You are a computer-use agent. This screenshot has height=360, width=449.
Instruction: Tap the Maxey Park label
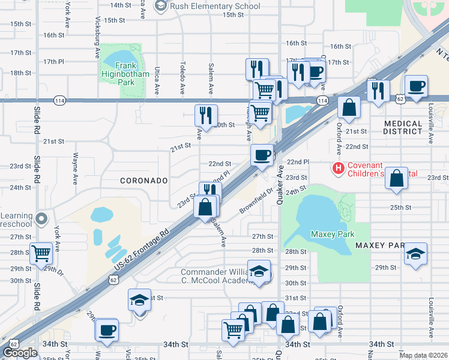(332, 234)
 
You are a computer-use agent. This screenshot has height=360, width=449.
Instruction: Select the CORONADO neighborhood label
(143, 180)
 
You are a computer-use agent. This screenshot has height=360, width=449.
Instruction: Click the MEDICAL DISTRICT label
(403, 127)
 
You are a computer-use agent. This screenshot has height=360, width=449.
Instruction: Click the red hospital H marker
(339, 169)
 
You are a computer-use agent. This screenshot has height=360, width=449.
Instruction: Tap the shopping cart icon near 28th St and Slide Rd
(41, 254)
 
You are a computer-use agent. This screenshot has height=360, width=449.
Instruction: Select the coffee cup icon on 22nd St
(262, 155)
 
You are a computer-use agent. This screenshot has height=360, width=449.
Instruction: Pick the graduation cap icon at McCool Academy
(259, 272)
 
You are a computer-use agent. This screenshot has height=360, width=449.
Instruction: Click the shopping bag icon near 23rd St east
(396, 178)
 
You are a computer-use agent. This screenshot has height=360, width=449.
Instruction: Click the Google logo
(20, 353)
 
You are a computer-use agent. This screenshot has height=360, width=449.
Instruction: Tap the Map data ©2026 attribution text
(423, 355)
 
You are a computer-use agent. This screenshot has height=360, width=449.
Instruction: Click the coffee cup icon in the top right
(416, 86)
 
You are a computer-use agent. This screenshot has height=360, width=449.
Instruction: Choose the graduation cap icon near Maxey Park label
(415, 254)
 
